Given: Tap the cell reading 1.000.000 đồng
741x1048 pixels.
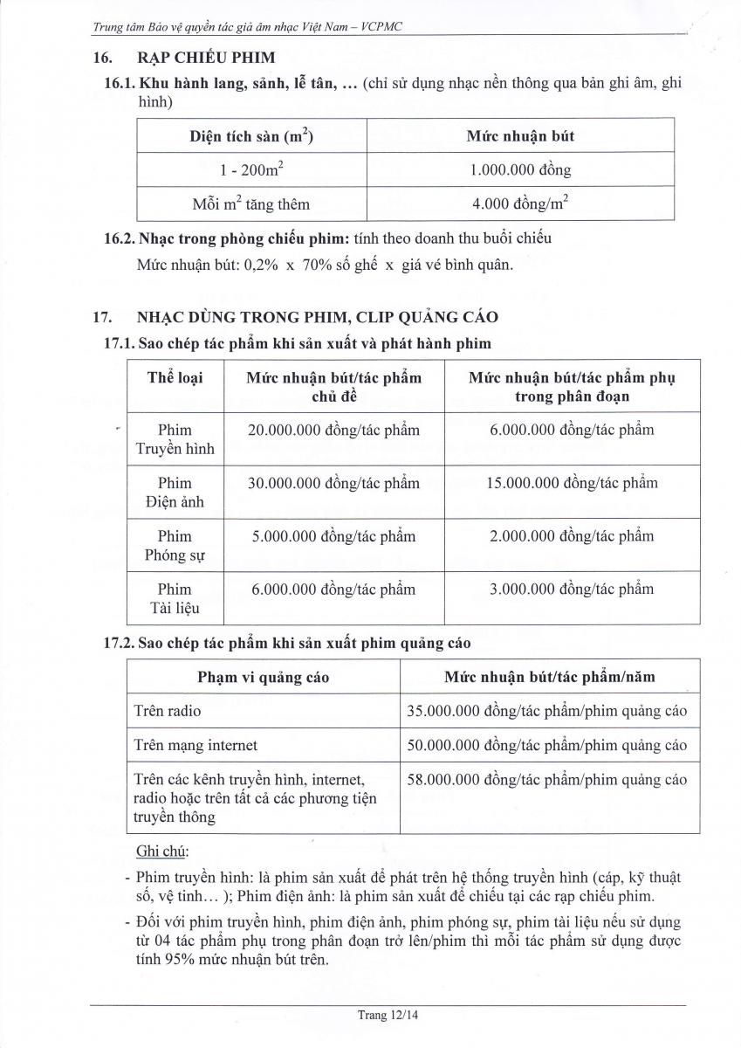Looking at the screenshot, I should click(x=520, y=169).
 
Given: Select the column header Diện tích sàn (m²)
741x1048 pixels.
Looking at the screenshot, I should click(x=252, y=136).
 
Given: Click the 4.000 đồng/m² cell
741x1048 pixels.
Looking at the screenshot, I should click(x=520, y=203).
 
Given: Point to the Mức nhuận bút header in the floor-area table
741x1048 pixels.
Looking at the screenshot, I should click(x=520, y=136).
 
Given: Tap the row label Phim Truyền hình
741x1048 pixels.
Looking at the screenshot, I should click(x=175, y=439).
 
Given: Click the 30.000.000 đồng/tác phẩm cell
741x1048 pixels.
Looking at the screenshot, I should click(x=333, y=483).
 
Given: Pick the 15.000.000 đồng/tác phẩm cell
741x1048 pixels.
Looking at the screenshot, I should click(x=572, y=483).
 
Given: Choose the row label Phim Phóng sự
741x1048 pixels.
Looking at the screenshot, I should click(x=175, y=545).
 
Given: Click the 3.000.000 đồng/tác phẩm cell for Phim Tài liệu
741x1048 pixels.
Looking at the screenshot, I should click(x=572, y=589).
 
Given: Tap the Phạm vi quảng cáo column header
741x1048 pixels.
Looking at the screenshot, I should click(x=264, y=677).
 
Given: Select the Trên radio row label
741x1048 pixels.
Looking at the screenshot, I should click(x=168, y=711).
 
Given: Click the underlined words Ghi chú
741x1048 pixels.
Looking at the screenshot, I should click(x=162, y=851).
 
